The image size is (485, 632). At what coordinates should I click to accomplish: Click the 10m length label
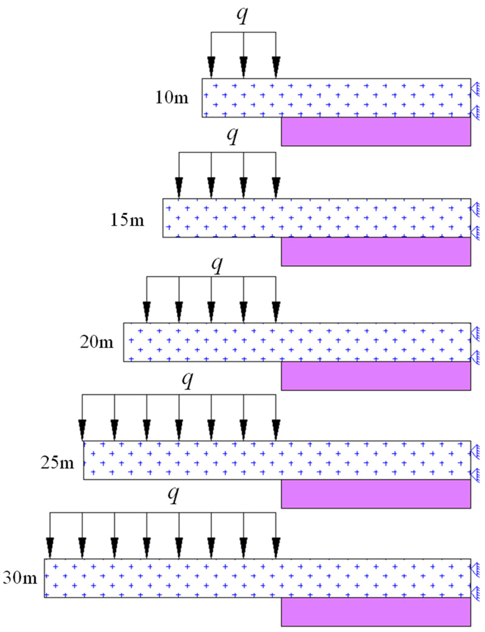[x=172, y=98]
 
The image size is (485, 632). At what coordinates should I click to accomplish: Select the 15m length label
[x=127, y=220]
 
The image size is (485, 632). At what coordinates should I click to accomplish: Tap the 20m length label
[x=97, y=342]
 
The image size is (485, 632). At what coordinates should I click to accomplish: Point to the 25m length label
[x=57, y=463]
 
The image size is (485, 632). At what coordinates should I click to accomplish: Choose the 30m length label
[x=20, y=578]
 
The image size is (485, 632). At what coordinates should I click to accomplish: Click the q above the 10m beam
[x=242, y=15]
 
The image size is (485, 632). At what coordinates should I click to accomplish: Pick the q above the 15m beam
[x=232, y=135]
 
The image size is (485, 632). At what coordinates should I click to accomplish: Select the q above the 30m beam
[x=173, y=494]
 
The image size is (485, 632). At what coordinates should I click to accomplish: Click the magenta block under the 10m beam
[x=376, y=132]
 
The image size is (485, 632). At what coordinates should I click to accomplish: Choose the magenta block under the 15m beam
[x=376, y=252]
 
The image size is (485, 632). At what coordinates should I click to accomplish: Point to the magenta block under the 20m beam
[x=376, y=376]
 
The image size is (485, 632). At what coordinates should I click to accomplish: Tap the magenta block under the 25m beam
[x=376, y=494]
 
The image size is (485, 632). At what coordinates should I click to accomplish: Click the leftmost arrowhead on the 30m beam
[x=50, y=547]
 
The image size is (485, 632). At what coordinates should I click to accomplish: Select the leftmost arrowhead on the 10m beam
[x=211, y=67]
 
